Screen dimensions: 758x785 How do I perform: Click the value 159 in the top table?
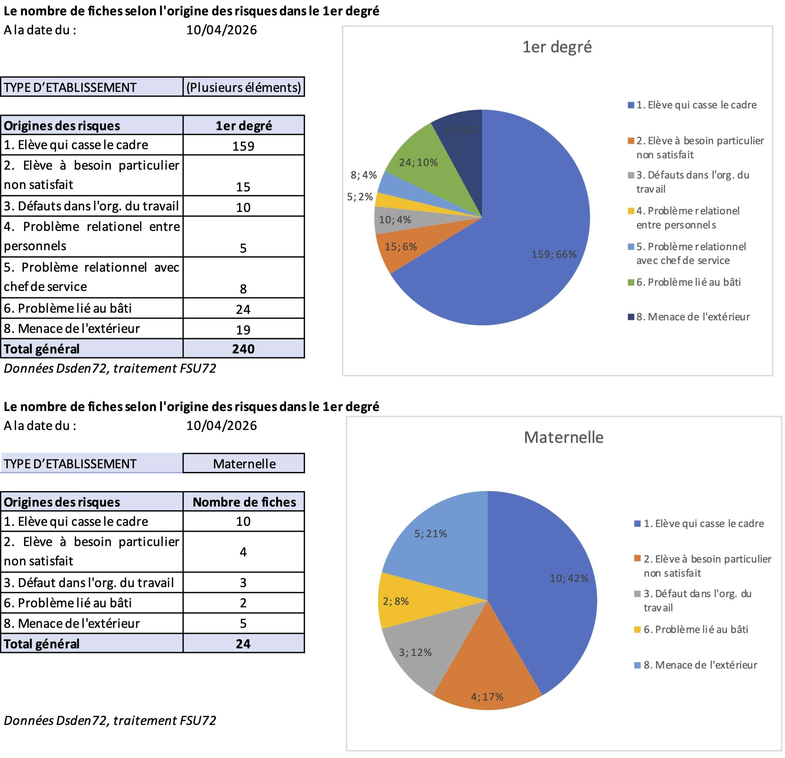point(243,146)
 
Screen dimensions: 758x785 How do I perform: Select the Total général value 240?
point(243,349)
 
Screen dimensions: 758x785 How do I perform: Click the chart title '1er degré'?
point(557,47)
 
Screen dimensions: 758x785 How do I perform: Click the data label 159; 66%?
point(553,254)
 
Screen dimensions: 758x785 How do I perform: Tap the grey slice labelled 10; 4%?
point(395,220)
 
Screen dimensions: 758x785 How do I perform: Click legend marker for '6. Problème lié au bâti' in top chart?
point(631,283)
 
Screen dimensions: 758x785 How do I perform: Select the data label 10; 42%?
point(569,578)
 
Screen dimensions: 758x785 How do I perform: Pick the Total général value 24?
point(243,644)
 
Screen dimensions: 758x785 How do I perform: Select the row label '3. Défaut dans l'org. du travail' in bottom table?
point(89,583)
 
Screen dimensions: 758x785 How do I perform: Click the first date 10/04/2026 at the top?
point(221,30)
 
